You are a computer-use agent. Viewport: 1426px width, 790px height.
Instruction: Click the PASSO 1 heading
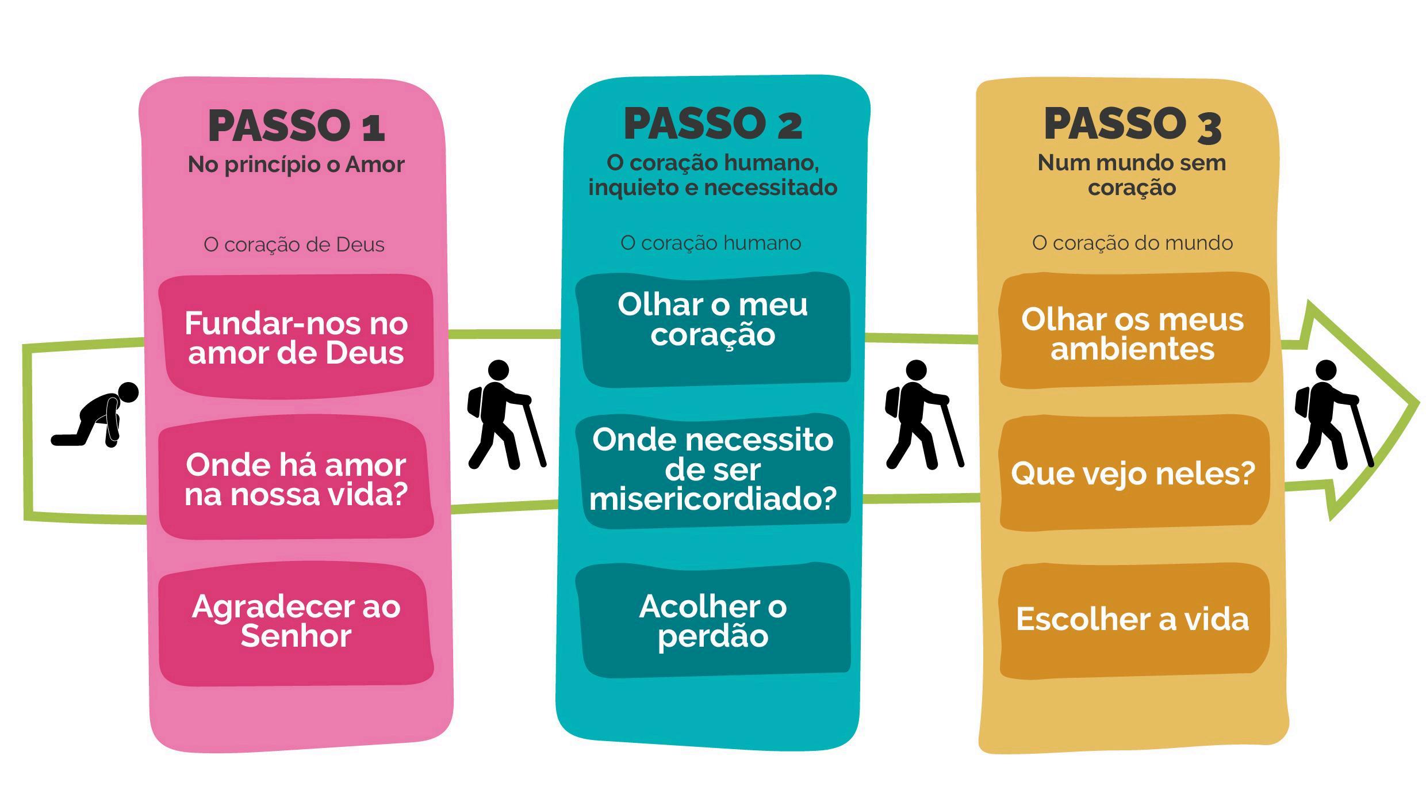coord(296,125)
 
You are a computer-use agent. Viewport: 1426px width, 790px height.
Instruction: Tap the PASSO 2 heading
coord(712,124)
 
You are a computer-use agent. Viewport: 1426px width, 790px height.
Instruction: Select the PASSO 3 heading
coord(1132,124)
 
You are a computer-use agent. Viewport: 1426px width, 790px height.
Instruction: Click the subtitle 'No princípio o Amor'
coord(296,165)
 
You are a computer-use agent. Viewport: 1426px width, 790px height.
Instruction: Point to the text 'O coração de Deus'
coord(294,245)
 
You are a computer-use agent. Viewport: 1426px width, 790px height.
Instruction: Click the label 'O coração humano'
coord(711,243)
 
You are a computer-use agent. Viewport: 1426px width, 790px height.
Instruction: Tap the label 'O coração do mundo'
coord(1132,243)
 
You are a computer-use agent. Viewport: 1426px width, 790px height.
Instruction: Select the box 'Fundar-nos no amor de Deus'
coord(296,338)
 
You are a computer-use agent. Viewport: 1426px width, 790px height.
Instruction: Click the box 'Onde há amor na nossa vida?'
coord(296,479)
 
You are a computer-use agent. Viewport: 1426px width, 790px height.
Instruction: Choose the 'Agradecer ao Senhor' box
coord(296,621)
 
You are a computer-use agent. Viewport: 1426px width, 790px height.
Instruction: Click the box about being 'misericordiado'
coord(713,470)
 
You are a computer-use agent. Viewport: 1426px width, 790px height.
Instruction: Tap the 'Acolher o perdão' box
coord(713,621)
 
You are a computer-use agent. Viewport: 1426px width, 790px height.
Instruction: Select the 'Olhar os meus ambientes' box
coord(1133,334)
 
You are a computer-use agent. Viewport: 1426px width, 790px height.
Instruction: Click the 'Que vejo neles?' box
coord(1133,474)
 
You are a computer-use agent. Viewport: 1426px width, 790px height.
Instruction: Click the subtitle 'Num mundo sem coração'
coord(1132,175)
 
